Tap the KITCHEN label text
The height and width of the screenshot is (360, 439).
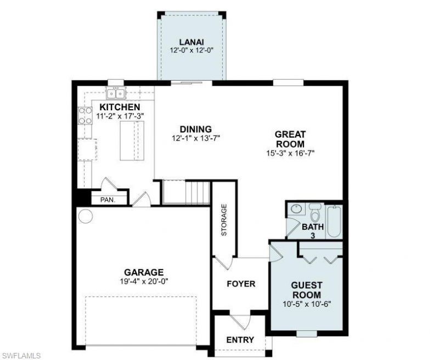tap(120, 107)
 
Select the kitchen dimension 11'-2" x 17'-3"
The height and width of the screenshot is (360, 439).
tap(120, 116)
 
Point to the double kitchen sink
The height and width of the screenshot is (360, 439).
tap(116, 92)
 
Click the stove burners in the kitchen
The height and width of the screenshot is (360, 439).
tap(85, 116)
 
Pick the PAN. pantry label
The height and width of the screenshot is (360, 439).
tap(107, 200)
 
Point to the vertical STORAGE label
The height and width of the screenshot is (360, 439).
tap(224, 220)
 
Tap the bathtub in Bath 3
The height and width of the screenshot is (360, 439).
tap(334, 221)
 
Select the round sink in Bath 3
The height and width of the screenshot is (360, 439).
tap(296, 209)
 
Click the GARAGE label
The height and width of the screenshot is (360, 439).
tap(143, 272)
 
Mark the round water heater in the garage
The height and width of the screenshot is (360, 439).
tap(85, 216)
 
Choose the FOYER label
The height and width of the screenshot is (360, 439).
tap(240, 284)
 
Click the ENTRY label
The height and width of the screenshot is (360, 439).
tap(240, 340)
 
